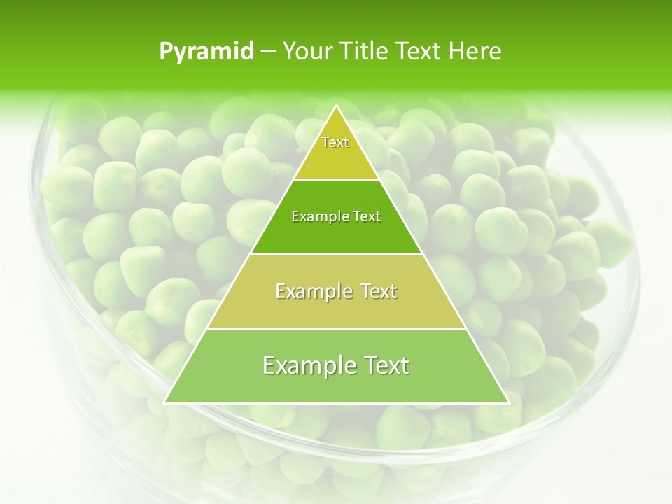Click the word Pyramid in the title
coord(206,52)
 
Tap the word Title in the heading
coord(363,51)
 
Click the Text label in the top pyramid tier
coord(335,142)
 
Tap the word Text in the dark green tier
coord(367,216)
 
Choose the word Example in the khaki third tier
coord(311,291)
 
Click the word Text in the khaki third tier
coord(379,291)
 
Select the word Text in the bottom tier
coord(385,365)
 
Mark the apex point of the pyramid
coord(337,106)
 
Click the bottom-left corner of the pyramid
coord(164,402)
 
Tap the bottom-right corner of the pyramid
coord(508,402)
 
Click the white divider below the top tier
coord(336,180)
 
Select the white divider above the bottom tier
coord(336,328)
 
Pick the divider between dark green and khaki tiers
coord(336,254)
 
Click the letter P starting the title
coord(166,52)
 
